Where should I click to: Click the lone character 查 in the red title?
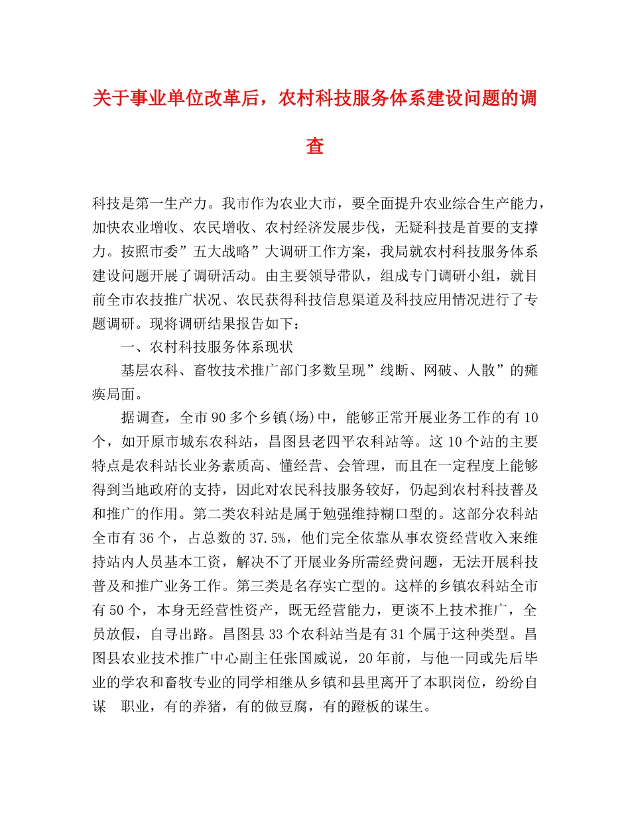click(315, 146)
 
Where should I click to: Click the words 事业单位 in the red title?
click(157, 98)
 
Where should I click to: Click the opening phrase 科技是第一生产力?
click(153, 200)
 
